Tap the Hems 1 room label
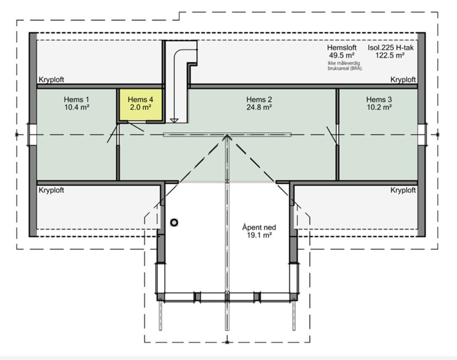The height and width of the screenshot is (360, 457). pyautogui.click(x=77, y=100)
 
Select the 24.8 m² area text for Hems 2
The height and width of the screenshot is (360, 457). pyautogui.click(x=259, y=107)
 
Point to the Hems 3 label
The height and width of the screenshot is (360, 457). pyautogui.click(x=379, y=100)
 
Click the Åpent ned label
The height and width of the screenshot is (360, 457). pyautogui.click(x=259, y=228)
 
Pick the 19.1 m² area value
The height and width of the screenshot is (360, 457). pyautogui.click(x=259, y=235)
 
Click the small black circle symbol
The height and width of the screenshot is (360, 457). pyautogui.click(x=174, y=223)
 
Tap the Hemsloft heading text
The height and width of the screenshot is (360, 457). pyautogui.click(x=341, y=47)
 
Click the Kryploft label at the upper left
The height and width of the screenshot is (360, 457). pyautogui.click(x=51, y=80)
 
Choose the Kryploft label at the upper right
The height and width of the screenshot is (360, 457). pyautogui.click(x=403, y=79)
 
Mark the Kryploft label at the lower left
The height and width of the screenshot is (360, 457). pyautogui.click(x=51, y=190)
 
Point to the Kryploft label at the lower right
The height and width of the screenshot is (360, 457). pyautogui.click(x=403, y=190)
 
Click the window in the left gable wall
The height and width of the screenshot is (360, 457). pyautogui.click(x=32, y=134)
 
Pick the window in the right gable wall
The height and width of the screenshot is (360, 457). pyautogui.click(x=422, y=134)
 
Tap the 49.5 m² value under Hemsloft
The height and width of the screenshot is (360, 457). pyautogui.click(x=341, y=55)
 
